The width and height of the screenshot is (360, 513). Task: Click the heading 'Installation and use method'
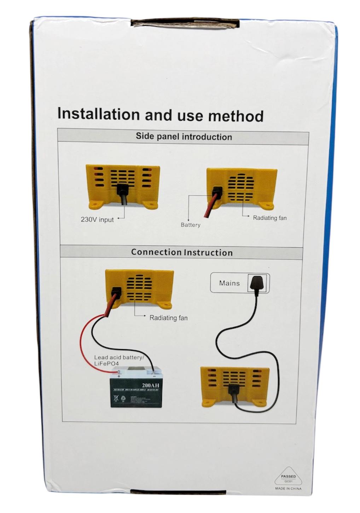pyautogui.click(x=160, y=115)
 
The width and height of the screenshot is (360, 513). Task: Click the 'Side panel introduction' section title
pyautogui.click(x=184, y=137)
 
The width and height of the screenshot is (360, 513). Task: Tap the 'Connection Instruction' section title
pyautogui.click(x=182, y=252)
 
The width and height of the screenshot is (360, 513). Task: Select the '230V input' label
pyautogui.click(x=97, y=220)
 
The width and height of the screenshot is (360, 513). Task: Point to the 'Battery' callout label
pyautogui.click(x=191, y=225)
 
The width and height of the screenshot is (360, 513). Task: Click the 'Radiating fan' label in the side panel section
pyautogui.click(x=270, y=218)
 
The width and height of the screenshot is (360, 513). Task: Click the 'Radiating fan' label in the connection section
pyautogui.click(x=168, y=318)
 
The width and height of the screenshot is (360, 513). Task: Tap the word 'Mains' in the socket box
pyautogui.click(x=229, y=283)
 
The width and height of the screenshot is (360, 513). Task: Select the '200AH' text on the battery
pyautogui.click(x=149, y=385)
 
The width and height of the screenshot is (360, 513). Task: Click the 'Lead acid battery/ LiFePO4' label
pyautogui.click(x=118, y=361)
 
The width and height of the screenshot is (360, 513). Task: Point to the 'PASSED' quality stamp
pyautogui.click(x=288, y=477)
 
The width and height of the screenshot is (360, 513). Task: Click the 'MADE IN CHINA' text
pyautogui.click(x=288, y=489)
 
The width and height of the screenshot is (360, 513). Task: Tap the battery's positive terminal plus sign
pyautogui.click(x=119, y=376)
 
